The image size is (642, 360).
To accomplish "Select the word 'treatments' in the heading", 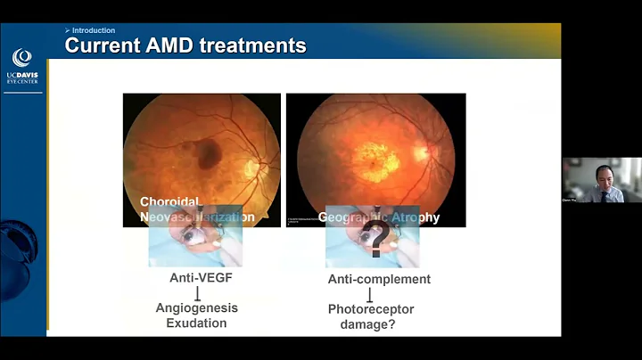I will point(251,45).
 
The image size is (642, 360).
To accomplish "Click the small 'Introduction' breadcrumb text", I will point(93,30).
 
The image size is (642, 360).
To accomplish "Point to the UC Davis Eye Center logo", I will point(21,67).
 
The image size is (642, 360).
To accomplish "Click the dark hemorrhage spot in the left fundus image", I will point(209,154).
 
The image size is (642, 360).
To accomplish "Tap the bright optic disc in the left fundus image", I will point(252,167).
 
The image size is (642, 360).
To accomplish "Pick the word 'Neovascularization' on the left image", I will point(197,217).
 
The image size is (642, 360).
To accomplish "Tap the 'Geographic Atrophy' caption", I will point(379,217).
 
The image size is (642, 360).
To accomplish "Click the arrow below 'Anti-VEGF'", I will point(197,293).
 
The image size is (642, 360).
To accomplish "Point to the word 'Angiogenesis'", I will point(197,308).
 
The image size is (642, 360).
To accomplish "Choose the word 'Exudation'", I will point(197,323).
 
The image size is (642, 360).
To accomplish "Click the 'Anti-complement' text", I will point(379,280).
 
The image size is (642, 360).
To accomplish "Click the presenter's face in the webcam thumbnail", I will point(603,174).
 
